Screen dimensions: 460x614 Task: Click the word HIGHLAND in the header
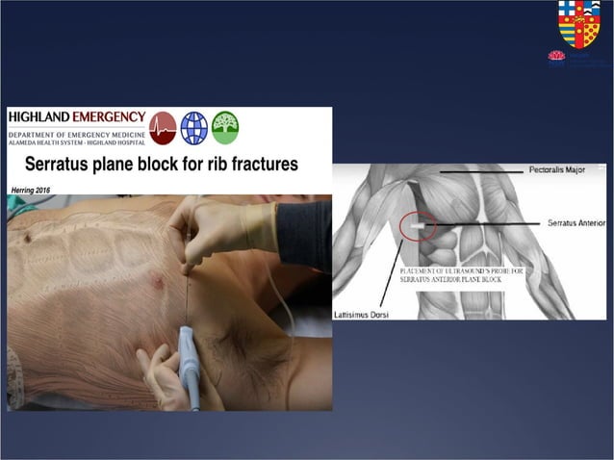[41, 117]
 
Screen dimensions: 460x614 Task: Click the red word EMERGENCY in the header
[111, 117]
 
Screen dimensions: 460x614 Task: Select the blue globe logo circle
[193, 127]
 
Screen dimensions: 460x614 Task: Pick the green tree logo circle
[225, 127]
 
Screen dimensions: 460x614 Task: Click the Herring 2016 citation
[30, 187]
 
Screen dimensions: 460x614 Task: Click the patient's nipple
[157, 284]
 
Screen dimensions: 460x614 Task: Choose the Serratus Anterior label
[576, 223]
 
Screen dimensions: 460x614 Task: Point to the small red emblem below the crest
[556, 57]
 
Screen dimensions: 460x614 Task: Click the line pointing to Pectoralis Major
[481, 172]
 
